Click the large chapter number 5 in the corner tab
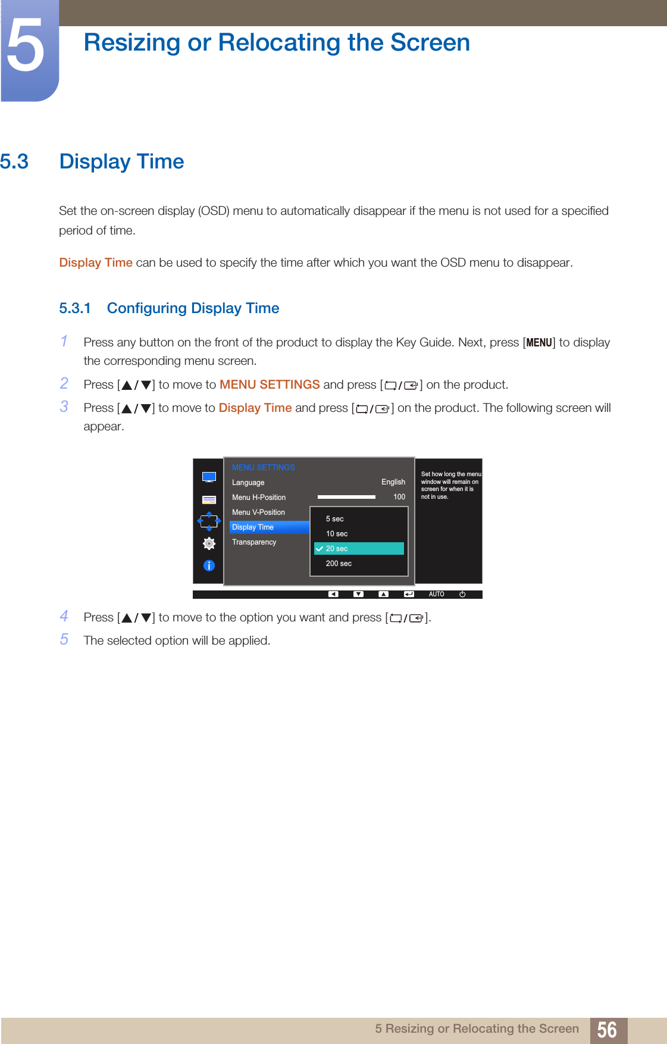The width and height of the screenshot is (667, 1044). pyautogui.click(x=26, y=46)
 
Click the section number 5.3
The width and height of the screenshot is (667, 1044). pyautogui.click(x=14, y=162)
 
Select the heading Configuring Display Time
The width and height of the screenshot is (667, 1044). pyautogui.click(x=193, y=308)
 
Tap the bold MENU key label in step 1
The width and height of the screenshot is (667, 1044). pyautogui.click(x=539, y=343)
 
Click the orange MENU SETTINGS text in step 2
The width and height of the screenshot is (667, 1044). pyautogui.click(x=270, y=385)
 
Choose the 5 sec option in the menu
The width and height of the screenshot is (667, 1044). pyautogui.click(x=334, y=519)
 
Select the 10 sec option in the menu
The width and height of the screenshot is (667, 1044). pyautogui.click(x=337, y=534)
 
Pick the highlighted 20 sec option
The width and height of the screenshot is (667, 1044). pyautogui.click(x=359, y=549)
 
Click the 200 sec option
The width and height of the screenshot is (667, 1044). pyautogui.click(x=339, y=564)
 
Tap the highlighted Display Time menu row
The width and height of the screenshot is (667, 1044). pyautogui.click(x=269, y=527)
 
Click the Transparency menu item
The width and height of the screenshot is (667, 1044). pyautogui.click(x=254, y=542)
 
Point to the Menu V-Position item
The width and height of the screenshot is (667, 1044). pyautogui.click(x=258, y=512)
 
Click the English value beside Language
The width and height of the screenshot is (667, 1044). pyautogui.click(x=393, y=482)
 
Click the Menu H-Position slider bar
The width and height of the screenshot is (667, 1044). pyautogui.click(x=346, y=497)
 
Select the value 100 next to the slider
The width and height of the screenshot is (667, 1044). pyautogui.click(x=399, y=497)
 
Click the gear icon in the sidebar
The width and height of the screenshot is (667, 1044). pyautogui.click(x=209, y=543)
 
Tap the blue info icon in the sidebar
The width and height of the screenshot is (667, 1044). pyautogui.click(x=209, y=565)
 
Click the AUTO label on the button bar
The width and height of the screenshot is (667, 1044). pyautogui.click(x=436, y=594)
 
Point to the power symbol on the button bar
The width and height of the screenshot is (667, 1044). pyautogui.click(x=462, y=594)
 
